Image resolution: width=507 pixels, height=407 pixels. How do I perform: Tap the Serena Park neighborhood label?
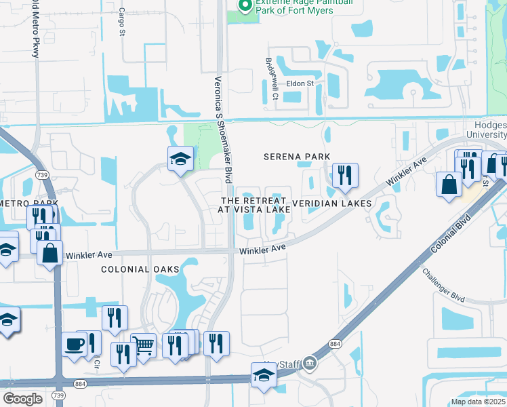tap(297, 157)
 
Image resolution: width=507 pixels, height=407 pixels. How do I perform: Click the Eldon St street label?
tap(300, 83)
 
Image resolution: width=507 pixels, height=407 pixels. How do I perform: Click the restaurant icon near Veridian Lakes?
tap(346, 176)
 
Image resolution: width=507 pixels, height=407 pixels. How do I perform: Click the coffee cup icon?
tap(75, 344)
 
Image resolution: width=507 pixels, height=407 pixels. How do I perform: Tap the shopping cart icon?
tap(144, 345)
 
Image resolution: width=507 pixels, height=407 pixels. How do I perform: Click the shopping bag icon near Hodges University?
tap(449, 185)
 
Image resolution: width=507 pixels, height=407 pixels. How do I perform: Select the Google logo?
tap(23, 398)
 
